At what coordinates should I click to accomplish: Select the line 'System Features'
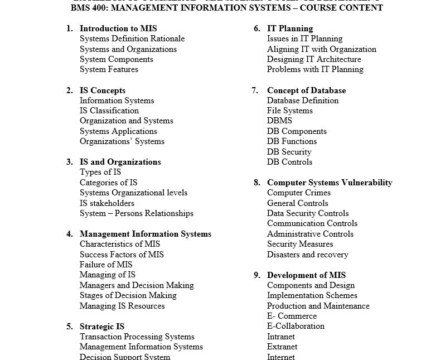pyautogui.click(x=109, y=70)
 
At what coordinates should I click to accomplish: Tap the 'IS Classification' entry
pyautogui.click(x=109, y=111)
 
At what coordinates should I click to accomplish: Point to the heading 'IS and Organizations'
pyautogui.click(x=120, y=162)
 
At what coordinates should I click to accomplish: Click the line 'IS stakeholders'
pyautogui.click(x=107, y=203)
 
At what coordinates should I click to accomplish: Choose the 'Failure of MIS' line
pyautogui.click(x=106, y=265)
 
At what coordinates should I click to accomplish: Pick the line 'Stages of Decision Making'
pyautogui.click(x=128, y=295)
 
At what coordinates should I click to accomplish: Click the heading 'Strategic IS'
pyautogui.click(x=102, y=327)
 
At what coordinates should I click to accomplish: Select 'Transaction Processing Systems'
pyautogui.click(x=137, y=337)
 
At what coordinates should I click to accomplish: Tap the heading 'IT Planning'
pyautogui.click(x=290, y=28)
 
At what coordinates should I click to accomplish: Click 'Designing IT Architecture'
pyautogui.click(x=314, y=59)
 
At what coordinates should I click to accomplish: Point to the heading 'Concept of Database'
pyautogui.click(x=306, y=90)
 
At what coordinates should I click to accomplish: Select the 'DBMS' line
pyautogui.click(x=279, y=121)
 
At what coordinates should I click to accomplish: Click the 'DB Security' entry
pyautogui.click(x=289, y=152)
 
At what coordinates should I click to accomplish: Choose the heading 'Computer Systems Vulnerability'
pyautogui.click(x=330, y=183)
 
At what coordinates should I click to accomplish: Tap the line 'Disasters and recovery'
pyautogui.click(x=307, y=255)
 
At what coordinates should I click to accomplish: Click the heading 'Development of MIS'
pyautogui.click(x=306, y=275)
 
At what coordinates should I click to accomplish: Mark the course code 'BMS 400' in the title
pyautogui.click(x=91, y=8)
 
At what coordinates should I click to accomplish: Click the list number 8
pyautogui.click(x=257, y=183)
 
